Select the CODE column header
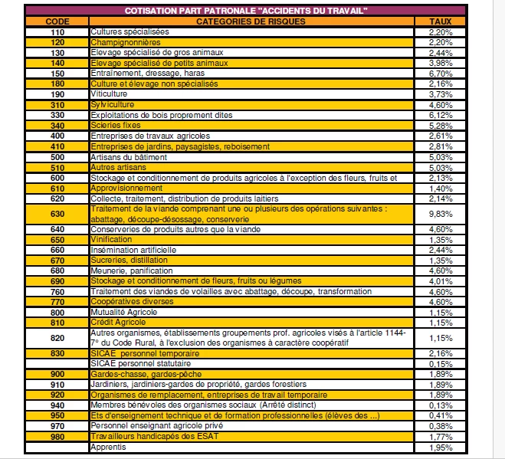[x=57, y=21]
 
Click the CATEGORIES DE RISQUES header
[x=251, y=21]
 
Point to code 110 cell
[x=57, y=32]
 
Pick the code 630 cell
[x=57, y=214]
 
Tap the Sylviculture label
[x=112, y=104]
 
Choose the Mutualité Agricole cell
[x=124, y=312]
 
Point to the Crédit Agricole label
[x=118, y=323]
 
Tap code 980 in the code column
[x=57, y=436]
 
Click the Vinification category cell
[x=111, y=239]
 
